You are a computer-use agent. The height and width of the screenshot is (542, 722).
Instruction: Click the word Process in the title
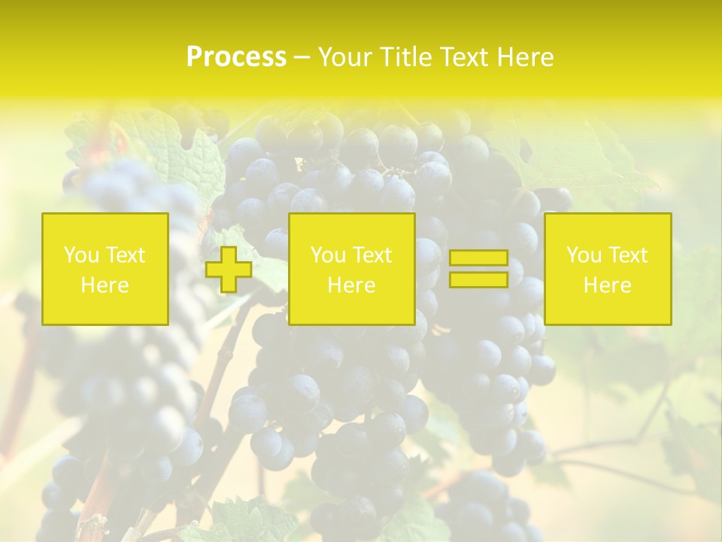pyautogui.click(x=236, y=57)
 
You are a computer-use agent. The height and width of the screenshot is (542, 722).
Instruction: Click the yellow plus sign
pyautogui.click(x=229, y=269)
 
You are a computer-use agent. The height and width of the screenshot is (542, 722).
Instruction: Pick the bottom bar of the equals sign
pyautogui.click(x=478, y=279)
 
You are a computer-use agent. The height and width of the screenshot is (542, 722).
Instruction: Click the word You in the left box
pyautogui.click(x=81, y=255)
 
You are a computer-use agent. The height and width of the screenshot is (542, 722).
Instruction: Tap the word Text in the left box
pyautogui.click(x=125, y=255)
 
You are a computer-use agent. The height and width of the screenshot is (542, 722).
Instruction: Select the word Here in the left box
pyautogui.click(x=105, y=285)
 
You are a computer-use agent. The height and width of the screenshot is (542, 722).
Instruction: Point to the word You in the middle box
pyautogui.click(x=328, y=255)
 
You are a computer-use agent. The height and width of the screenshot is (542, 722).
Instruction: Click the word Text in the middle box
pyautogui.click(x=372, y=255)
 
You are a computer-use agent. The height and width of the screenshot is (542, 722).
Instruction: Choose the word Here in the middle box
pyautogui.click(x=351, y=285)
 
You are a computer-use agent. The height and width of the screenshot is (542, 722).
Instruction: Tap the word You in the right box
pyautogui.click(x=584, y=255)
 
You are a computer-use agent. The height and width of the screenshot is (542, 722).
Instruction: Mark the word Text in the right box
pyautogui.click(x=627, y=255)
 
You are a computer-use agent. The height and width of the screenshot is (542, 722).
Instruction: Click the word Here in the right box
pyautogui.click(x=607, y=285)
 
